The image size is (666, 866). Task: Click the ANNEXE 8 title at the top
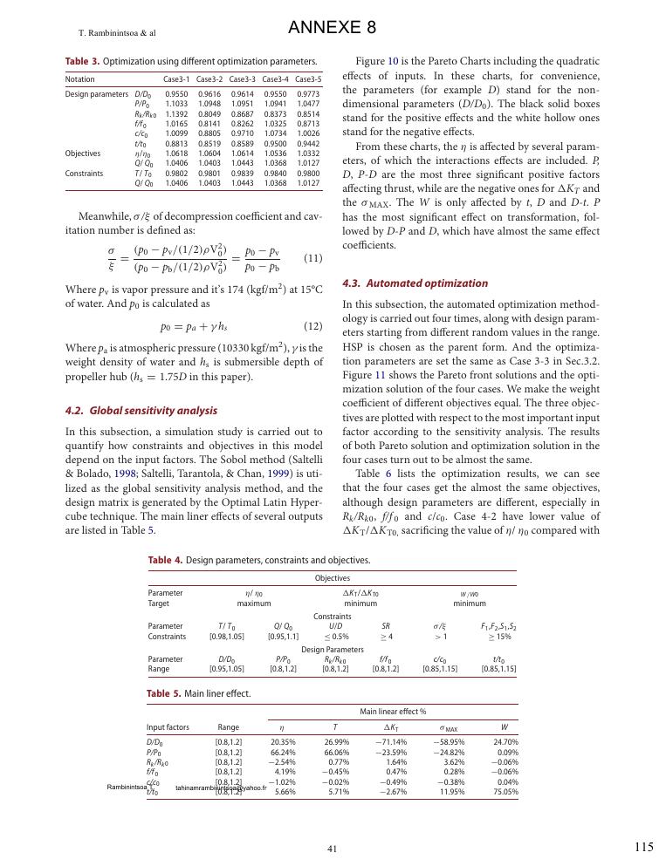tap(332, 28)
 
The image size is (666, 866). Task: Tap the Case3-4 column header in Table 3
tap(275, 79)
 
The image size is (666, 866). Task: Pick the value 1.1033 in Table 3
tap(176, 103)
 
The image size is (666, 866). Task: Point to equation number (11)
tap(312, 259)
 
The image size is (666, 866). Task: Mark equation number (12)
tap(312, 326)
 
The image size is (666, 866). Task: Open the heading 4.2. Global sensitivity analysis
tap(141, 411)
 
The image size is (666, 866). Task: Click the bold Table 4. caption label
tap(165, 560)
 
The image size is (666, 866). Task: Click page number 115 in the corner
tap(643, 846)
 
